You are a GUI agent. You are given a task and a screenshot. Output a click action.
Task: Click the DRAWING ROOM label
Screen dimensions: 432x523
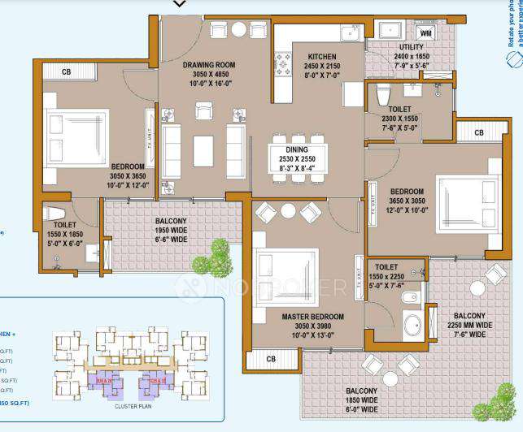coord(208,65)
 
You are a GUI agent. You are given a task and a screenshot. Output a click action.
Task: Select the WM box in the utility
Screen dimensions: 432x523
coord(425,33)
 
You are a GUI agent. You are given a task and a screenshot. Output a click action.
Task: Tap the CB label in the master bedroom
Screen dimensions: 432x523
coord(271,357)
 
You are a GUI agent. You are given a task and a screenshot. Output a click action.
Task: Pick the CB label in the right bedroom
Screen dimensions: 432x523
coord(478,132)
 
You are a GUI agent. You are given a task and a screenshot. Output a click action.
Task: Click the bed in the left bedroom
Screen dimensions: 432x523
coord(76,138)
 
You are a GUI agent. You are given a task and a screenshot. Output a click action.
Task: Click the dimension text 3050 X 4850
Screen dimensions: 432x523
coord(208,75)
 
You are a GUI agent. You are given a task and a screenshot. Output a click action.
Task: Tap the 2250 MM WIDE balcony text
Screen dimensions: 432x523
coord(468,326)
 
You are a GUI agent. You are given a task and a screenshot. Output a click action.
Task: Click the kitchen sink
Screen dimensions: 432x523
coord(351,33)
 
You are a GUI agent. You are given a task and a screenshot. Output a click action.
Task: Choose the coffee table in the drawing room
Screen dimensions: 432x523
coord(203,150)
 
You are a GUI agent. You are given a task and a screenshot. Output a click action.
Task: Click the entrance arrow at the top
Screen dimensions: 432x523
coord(180,4)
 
